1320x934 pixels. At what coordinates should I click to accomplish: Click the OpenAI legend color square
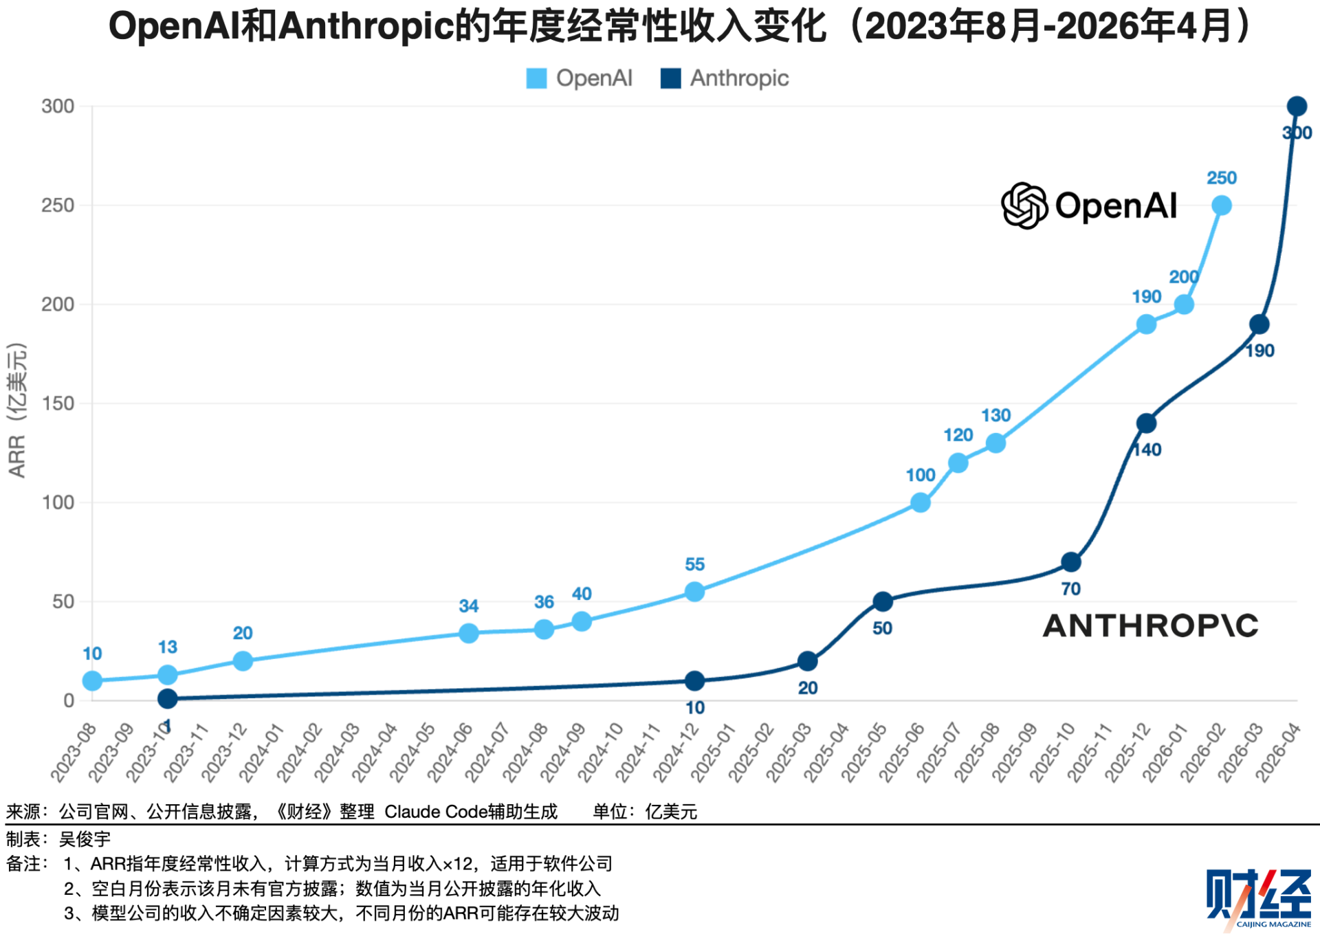536,78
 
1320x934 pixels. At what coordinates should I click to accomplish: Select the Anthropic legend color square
670,78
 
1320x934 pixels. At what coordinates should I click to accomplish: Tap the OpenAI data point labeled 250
1221,205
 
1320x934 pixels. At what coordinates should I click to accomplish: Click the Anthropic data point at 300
1296,107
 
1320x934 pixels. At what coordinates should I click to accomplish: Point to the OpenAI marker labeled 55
694,592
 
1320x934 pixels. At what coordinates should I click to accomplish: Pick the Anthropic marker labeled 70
1070,562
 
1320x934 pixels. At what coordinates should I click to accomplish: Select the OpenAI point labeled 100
920,503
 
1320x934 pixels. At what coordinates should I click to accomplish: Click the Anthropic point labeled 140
1146,423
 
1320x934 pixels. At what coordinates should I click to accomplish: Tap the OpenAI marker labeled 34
468,633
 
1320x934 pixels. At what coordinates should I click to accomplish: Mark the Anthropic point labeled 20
807,661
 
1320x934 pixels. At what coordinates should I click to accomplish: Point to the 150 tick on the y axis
58,403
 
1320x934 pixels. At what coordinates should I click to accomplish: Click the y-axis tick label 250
58,205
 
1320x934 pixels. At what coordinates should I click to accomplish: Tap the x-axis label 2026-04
1278,753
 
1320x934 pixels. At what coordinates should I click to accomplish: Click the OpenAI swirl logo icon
1024,205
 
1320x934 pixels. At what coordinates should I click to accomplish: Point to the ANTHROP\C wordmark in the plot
1150,625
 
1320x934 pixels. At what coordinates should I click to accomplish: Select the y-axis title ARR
16,456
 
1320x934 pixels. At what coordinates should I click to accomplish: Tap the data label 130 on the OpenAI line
995,415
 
